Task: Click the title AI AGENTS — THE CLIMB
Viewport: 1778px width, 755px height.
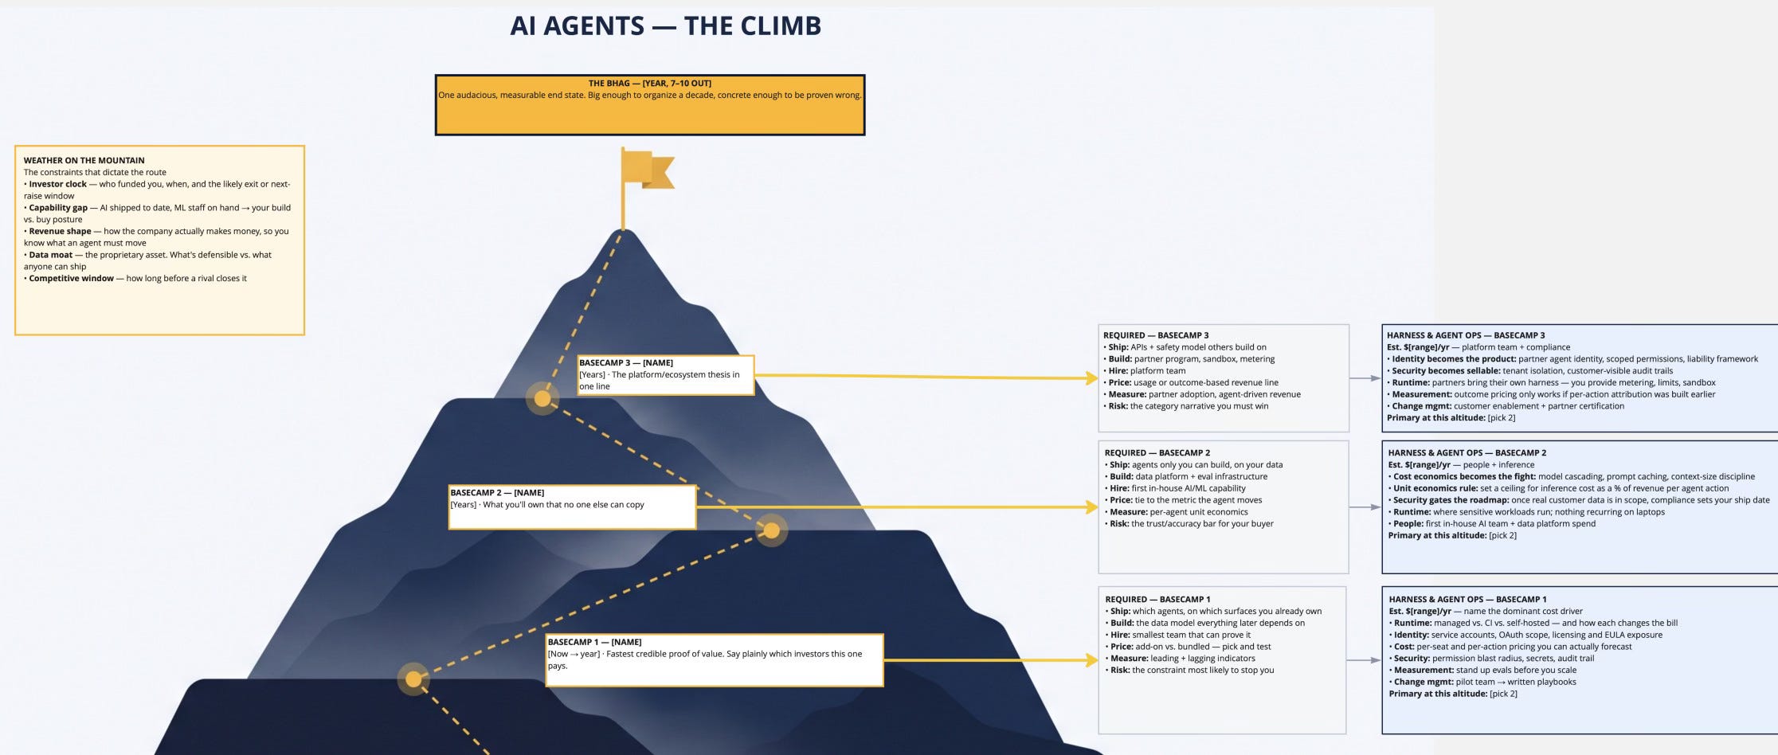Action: (665, 26)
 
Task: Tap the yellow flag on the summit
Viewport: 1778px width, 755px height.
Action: (648, 170)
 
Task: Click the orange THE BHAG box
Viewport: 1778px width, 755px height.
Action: (650, 105)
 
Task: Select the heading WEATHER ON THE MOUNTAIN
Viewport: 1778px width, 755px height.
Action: (84, 160)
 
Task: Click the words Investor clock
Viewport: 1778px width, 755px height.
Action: (58, 184)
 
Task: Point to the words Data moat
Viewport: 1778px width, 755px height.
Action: (51, 255)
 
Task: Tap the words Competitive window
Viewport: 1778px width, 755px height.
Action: (72, 279)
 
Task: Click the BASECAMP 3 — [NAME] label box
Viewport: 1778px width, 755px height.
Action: (666, 375)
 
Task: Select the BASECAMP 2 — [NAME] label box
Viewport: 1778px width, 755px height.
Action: (572, 507)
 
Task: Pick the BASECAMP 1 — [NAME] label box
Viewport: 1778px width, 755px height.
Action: (715, 660)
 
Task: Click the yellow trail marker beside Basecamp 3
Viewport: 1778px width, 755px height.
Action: (542, 398)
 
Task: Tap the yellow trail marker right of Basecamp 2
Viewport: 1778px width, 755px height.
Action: (771, 530)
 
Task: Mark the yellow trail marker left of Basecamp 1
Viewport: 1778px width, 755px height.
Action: (413, 679)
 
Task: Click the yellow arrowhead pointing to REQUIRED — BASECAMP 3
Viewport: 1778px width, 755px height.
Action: (1092, 378)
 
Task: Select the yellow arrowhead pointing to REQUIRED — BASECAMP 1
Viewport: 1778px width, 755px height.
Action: (1092, 660)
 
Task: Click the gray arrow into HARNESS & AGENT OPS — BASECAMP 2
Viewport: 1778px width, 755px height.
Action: (1365, 507)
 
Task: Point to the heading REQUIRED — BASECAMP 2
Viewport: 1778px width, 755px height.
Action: (1157, 453)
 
